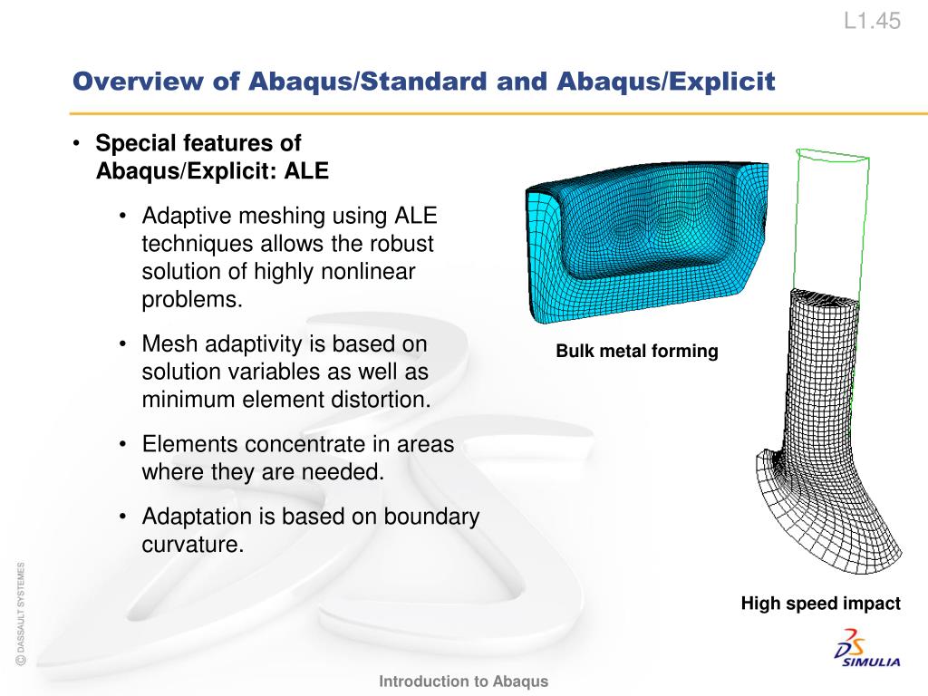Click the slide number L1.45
pos(872,22)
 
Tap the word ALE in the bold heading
pos(306,171)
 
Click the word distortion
pos(382,400)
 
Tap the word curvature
pos(193,545)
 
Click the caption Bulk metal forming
pos(637,351)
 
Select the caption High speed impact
pos(820,604)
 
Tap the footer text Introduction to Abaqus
pos(463,681)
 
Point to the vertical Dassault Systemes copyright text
pos(21,614)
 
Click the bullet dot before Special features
pos(76,143)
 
